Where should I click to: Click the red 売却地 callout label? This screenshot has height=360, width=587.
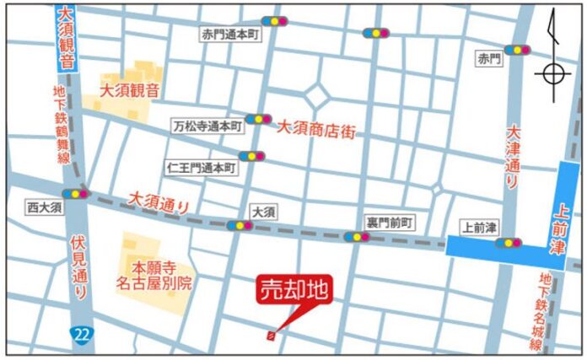(x=294, y=292)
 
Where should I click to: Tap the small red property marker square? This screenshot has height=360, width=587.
(x=270, y=336)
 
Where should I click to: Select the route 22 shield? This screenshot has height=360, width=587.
(x=80, y=335)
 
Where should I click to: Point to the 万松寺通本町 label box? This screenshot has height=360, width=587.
(x=207, y=125)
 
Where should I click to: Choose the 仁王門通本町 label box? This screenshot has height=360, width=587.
(x=202, y=167)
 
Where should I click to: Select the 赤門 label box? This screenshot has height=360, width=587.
(x=488, y=59)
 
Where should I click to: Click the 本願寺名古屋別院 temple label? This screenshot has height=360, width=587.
(x=154, y=276)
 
